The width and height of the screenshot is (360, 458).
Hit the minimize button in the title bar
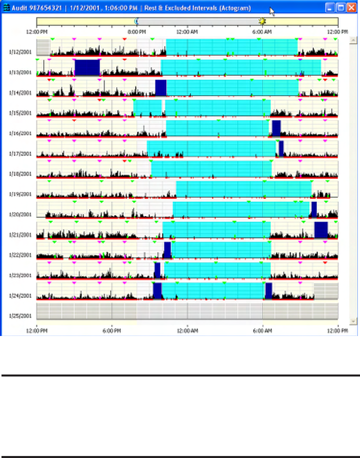click(x=330, y=8)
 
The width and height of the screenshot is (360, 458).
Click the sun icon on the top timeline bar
click(x=262, y=21)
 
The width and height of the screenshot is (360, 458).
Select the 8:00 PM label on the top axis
click(x=136, y=31)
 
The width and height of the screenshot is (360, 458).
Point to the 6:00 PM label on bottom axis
click(x=111, y=330)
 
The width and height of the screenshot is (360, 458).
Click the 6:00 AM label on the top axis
click(x=262, y=31)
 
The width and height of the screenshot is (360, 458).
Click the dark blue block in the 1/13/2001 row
click(x=87, y=67)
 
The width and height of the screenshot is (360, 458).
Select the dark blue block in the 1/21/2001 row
click(x=320, y=230)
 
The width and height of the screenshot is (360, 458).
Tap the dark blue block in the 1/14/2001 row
click(x=160, y=87)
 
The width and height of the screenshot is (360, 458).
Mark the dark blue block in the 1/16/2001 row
click(x=276, y=128)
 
